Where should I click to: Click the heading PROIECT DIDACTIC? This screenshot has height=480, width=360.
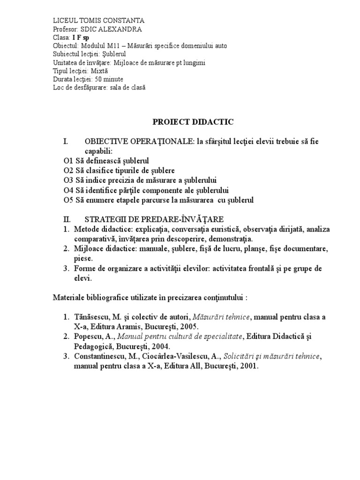tap(193, 122)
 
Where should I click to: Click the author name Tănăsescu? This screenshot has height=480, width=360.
tap(92, 317)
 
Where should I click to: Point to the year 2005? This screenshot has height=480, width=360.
tap(189, 327)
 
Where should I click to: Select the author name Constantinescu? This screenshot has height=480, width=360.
tap(101, 356)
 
